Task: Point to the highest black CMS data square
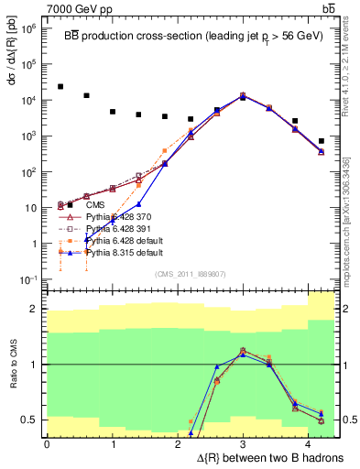(x=60, y=87)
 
